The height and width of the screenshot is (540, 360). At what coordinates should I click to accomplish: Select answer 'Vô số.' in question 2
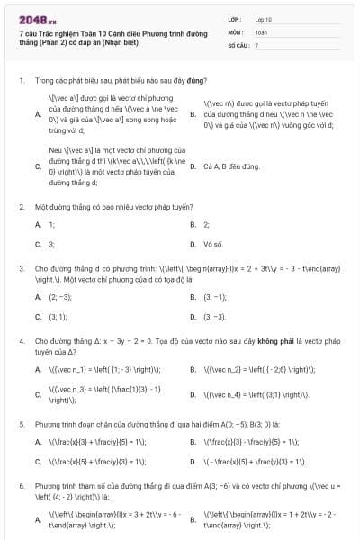point(213,244)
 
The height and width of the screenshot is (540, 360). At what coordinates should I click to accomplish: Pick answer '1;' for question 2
point(51,224)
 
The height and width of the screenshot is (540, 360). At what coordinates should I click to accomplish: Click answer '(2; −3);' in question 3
point(60,296)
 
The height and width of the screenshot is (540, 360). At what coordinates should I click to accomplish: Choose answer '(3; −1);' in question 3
point(215,296)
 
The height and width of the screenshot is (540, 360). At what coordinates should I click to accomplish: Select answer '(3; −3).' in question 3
point(215,317)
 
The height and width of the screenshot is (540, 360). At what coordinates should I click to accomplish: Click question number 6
point(21,485)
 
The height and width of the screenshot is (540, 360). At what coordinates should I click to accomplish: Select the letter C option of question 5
point(38,462)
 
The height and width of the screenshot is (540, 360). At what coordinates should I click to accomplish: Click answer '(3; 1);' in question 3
point(58,317)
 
